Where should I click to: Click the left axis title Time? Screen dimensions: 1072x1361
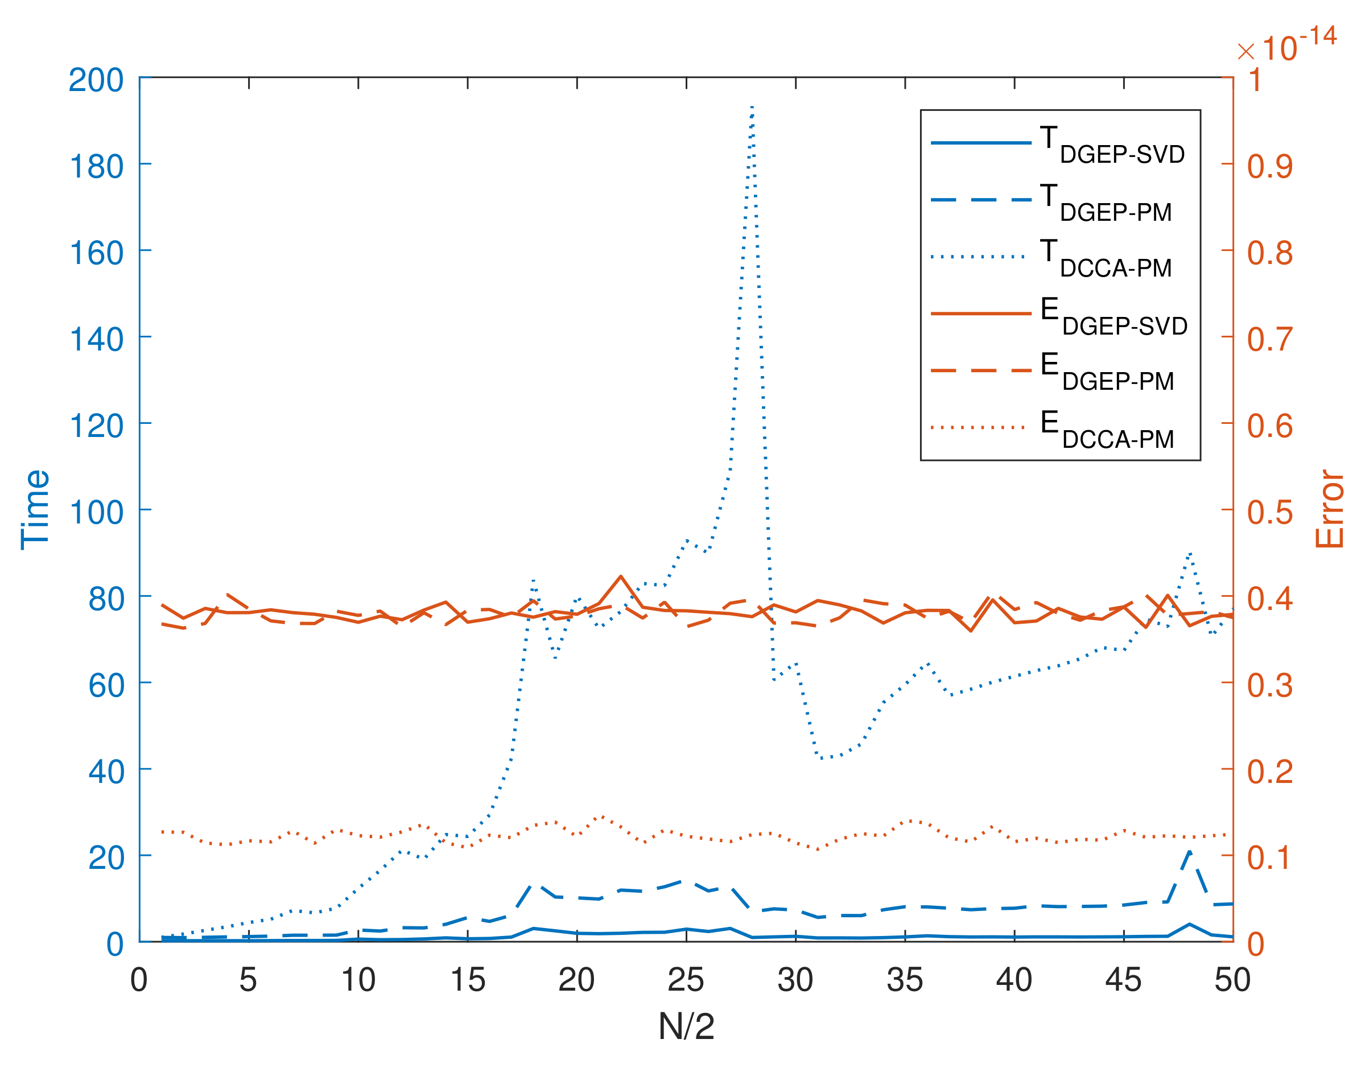[x=35, y=509]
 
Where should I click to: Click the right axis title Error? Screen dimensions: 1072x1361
[x=1329, y=509]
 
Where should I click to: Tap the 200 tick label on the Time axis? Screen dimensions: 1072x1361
[x=96, y=80]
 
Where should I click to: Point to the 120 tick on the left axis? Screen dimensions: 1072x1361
[x=96, y=426]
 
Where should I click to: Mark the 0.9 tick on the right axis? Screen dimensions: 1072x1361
[x=1269, y=166]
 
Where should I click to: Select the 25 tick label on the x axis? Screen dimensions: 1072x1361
[x=686, y=980]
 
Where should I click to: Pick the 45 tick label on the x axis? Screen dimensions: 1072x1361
[x=1123, y=980]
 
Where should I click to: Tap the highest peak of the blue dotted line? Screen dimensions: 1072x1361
[x=752, y=108]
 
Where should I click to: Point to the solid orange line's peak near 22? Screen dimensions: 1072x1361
[x=621, y=576]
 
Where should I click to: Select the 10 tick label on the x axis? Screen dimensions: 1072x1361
[x=358, y=980]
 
